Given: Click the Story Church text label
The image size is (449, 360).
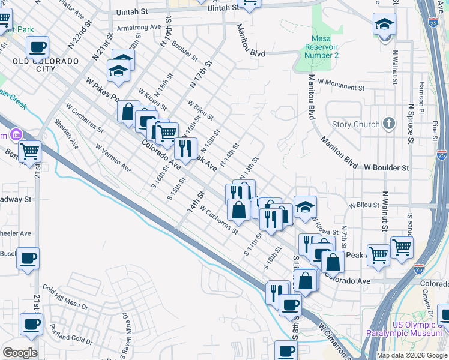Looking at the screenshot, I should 355,124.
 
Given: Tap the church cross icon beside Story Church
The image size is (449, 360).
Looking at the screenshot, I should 389,124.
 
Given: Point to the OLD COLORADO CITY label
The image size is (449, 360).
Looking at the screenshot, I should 46,65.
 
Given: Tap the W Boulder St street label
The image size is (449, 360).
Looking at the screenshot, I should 386,168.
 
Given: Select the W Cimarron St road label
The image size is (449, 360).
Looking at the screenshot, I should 334,340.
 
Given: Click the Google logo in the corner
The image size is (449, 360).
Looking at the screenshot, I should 20,353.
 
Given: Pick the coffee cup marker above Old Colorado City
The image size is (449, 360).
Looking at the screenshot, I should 38,46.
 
